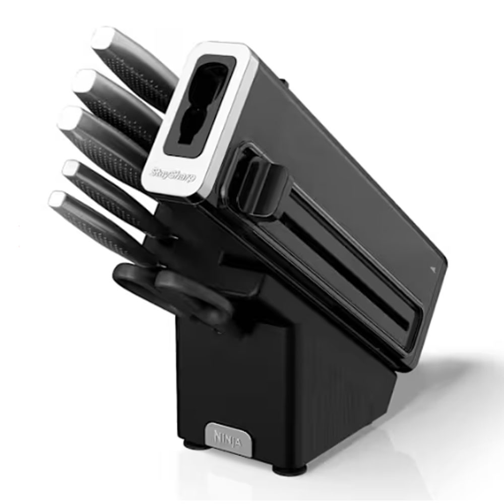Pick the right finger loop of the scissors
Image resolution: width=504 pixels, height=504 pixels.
click(193, 297)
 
